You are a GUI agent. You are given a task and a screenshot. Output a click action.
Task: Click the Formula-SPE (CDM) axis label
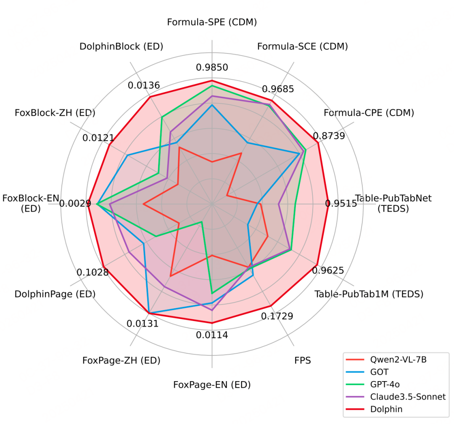tap(212, 22)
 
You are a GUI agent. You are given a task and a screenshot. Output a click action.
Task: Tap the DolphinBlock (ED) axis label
tap(121, 46)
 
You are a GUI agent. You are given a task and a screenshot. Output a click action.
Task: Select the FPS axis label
tap(303, 360)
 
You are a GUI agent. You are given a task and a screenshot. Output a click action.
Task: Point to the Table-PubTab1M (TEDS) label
tap(369, 294)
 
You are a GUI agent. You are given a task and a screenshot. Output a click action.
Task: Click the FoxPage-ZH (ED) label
tap(121, 360)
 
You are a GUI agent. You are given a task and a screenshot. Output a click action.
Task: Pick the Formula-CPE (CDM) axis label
tap(369, 113)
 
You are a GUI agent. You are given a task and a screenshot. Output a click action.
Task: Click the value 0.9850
tap(212, 67)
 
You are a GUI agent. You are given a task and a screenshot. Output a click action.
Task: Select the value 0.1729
tap(277, 316)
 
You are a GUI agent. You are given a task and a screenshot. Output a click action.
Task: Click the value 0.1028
tap(92, 272)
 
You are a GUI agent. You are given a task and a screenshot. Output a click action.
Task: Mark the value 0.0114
tap(212, 335)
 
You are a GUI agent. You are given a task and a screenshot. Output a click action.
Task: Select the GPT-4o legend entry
tap(384, 384)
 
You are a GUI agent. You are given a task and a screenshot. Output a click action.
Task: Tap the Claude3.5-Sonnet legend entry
tap(407, 396)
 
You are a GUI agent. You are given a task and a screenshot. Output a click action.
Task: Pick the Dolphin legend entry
tap(386, 409)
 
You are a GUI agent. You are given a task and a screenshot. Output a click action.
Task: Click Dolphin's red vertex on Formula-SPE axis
tap(212, 80)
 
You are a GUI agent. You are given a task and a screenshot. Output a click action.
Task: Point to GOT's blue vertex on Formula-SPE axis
tap(212, 105)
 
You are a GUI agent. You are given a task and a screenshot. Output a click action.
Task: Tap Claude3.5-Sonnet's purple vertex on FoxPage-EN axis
tap(212, 310)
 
